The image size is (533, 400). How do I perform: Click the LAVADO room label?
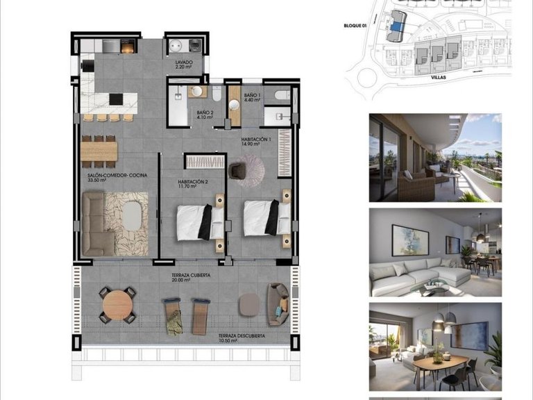(184, 63)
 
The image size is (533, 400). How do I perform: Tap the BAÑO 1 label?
(251, 97)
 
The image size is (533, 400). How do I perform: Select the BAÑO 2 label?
(204, 114)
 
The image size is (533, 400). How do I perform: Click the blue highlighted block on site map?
(396, 26)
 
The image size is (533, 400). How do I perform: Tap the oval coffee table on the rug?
(131, 215)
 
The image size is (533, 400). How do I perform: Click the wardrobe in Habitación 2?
(205, 161)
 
